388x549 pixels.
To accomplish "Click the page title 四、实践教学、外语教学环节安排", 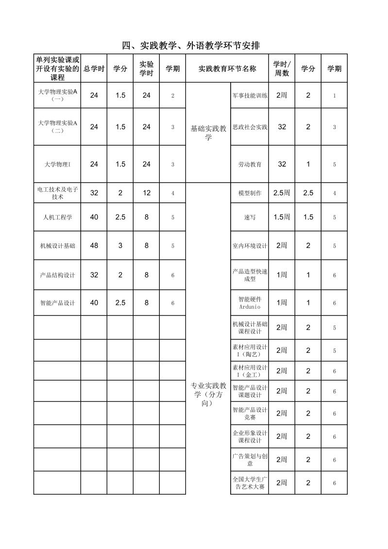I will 191,46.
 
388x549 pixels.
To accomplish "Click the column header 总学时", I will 94,69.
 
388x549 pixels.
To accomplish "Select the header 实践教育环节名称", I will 227,69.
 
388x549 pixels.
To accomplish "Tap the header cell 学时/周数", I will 282,69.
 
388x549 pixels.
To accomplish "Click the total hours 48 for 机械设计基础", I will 94,246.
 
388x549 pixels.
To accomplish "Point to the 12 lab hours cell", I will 146,193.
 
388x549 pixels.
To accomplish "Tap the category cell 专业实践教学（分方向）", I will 208,394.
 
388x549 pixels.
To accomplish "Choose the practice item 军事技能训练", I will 250,96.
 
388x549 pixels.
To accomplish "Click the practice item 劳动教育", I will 250,165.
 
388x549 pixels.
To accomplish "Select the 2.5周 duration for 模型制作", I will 282,193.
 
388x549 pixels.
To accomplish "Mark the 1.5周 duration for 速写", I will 282,217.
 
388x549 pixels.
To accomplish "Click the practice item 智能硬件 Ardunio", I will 250,303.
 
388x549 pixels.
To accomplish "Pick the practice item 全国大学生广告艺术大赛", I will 250,483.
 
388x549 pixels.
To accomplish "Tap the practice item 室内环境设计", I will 250,246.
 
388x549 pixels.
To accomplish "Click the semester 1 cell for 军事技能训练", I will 334,96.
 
